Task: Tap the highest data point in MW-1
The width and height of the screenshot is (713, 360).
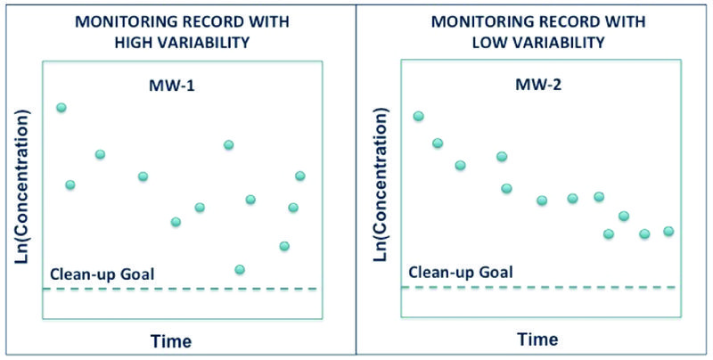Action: [x=61, y=108]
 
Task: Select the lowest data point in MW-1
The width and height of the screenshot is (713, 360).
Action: [x=239, y=269]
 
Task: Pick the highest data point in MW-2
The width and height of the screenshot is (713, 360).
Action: [x=418, y=116]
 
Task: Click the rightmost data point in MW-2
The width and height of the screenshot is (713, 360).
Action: [x=668, y=232]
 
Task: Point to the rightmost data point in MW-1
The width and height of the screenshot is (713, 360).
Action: [x=300, y=176]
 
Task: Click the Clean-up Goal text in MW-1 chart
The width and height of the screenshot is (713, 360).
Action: [x=103, y=274]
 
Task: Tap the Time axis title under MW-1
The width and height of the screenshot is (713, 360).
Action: [x=172, y=340]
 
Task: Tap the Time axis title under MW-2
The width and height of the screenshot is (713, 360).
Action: [x=538, y=340]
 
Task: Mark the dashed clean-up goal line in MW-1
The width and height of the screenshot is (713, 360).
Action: [x=178, y=289]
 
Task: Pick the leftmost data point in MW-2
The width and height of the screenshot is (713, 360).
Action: [x=418, y=116]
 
